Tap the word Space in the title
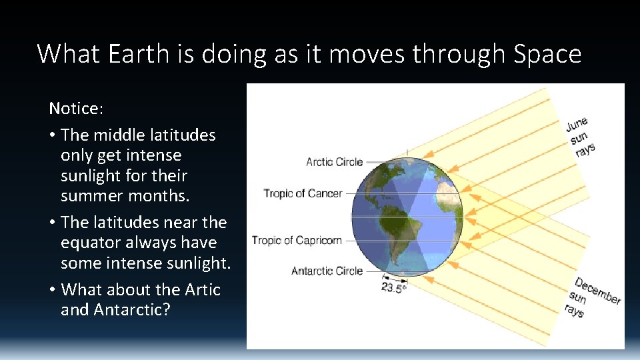547,53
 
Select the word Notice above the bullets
73,108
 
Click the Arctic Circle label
334,162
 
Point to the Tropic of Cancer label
303,193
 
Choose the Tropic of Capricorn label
297,240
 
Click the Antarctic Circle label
327,271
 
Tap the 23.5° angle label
393,288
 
